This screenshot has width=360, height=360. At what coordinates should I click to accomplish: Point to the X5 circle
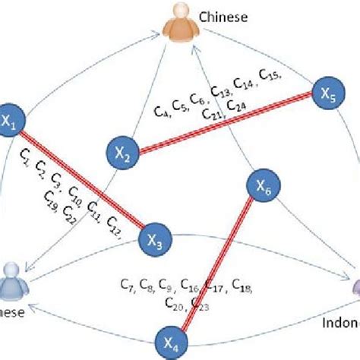[x=328, y=96]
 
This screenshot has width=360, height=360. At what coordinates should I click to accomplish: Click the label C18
[x=242, y=286]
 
